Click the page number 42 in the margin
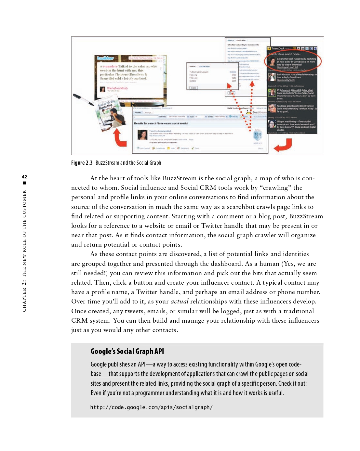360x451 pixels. [x=24, y=177]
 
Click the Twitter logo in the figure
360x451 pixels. [x=106, y=58]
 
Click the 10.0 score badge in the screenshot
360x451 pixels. [x=258, y=134]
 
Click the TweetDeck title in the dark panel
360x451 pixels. [x=278, y=48]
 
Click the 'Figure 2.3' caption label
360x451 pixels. [x=82, y=163]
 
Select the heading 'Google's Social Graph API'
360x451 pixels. [x=127, y=351]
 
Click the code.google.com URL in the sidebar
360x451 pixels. [x=151, y=407]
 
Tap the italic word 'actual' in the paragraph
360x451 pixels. [x=179, y=302]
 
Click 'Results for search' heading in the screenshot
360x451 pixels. [x=161, y=123]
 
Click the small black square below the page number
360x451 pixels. [x=24, y=183]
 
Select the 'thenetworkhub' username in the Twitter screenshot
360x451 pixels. [x=117, y=88]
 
